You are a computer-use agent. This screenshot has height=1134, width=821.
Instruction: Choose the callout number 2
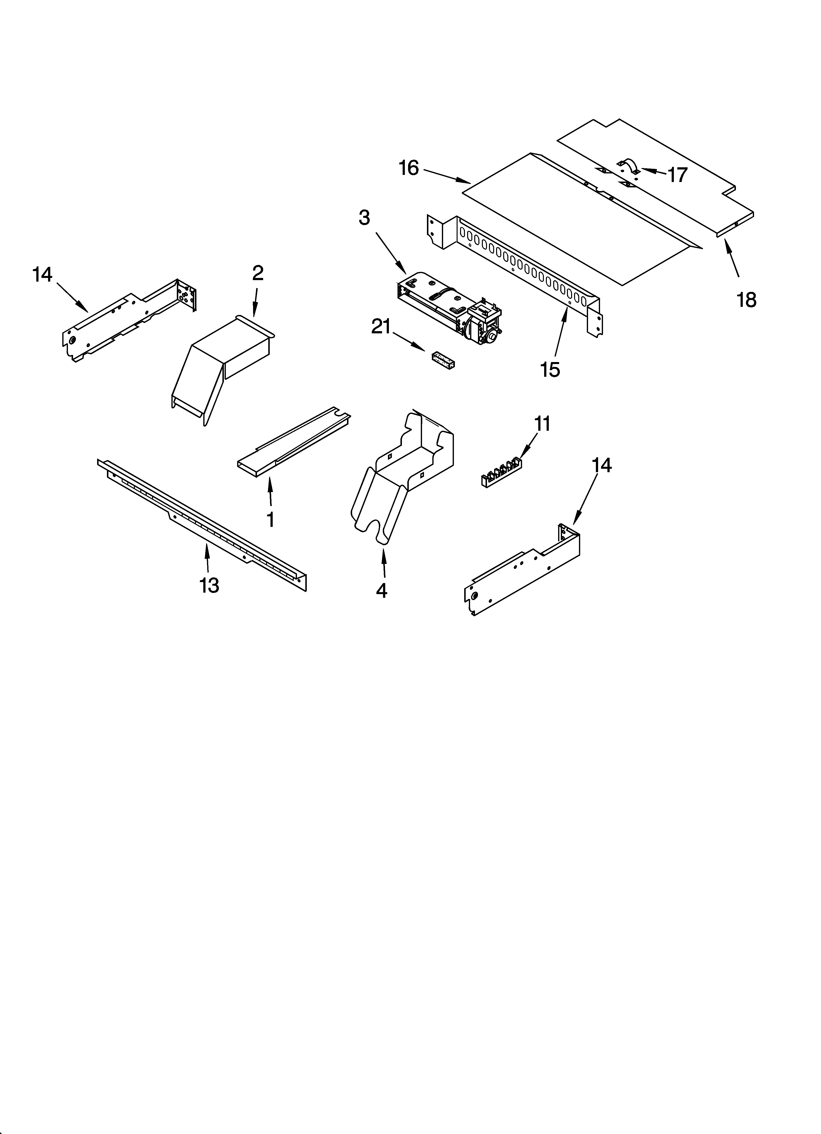click(257, 273)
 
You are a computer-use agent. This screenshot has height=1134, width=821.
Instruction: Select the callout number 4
click(382, 590)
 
